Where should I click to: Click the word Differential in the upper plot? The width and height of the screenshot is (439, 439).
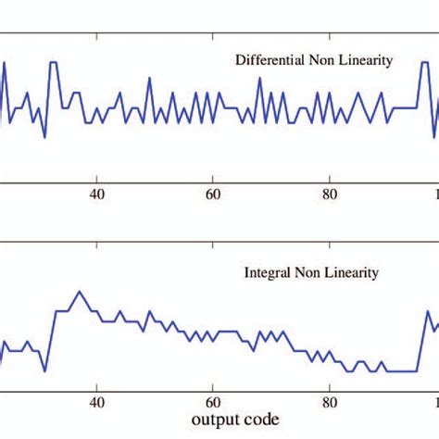coord(267,61)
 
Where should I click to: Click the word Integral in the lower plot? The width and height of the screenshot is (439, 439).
coord(265,273)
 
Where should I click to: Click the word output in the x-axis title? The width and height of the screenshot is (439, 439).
coord(214,420)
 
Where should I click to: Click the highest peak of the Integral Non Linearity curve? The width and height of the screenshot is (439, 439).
coord(80,292)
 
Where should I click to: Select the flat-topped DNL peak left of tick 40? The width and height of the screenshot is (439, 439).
coord(54,63)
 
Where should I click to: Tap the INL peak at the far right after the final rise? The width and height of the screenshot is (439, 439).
coord(429,311)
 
